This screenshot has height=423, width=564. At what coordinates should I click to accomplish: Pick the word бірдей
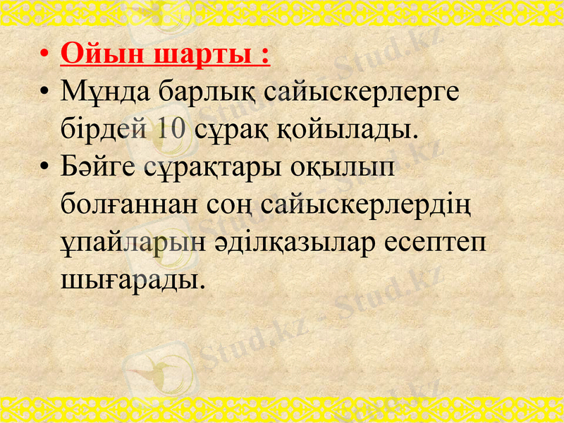[102, 130]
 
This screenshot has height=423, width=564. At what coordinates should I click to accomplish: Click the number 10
[169, 130]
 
